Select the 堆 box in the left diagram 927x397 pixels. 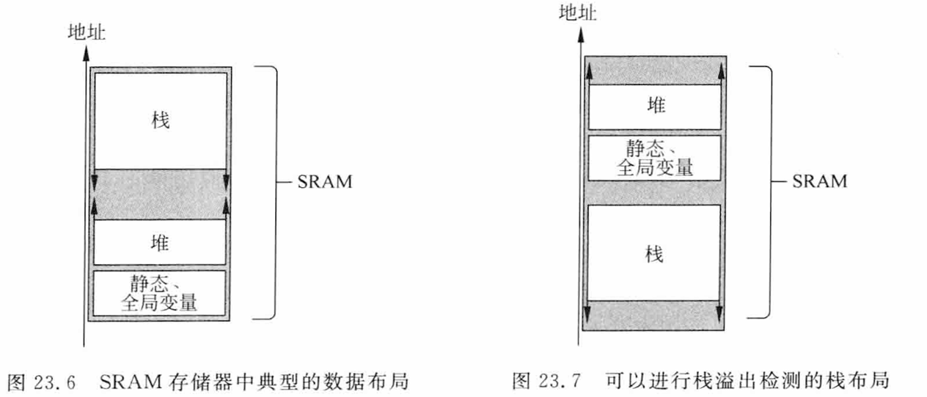[x=160, y=243]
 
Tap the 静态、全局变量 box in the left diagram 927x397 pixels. [x=160, y=293]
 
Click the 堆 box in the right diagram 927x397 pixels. [x=655, y=106]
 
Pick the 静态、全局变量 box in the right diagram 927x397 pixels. [x=655, y=157]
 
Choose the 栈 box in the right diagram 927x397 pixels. [x=655, y=253]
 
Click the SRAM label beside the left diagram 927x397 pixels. [x=325, y=181]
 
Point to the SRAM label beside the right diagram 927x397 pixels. [x=819, y=181]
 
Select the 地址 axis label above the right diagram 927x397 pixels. [x=578, y=13]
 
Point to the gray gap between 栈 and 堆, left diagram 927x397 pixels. [x=160, y=194]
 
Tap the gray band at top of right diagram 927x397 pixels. [x=655, y=70]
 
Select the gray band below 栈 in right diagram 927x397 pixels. [x=655, y=314]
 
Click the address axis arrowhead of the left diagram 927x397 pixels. [x=85, y=52]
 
